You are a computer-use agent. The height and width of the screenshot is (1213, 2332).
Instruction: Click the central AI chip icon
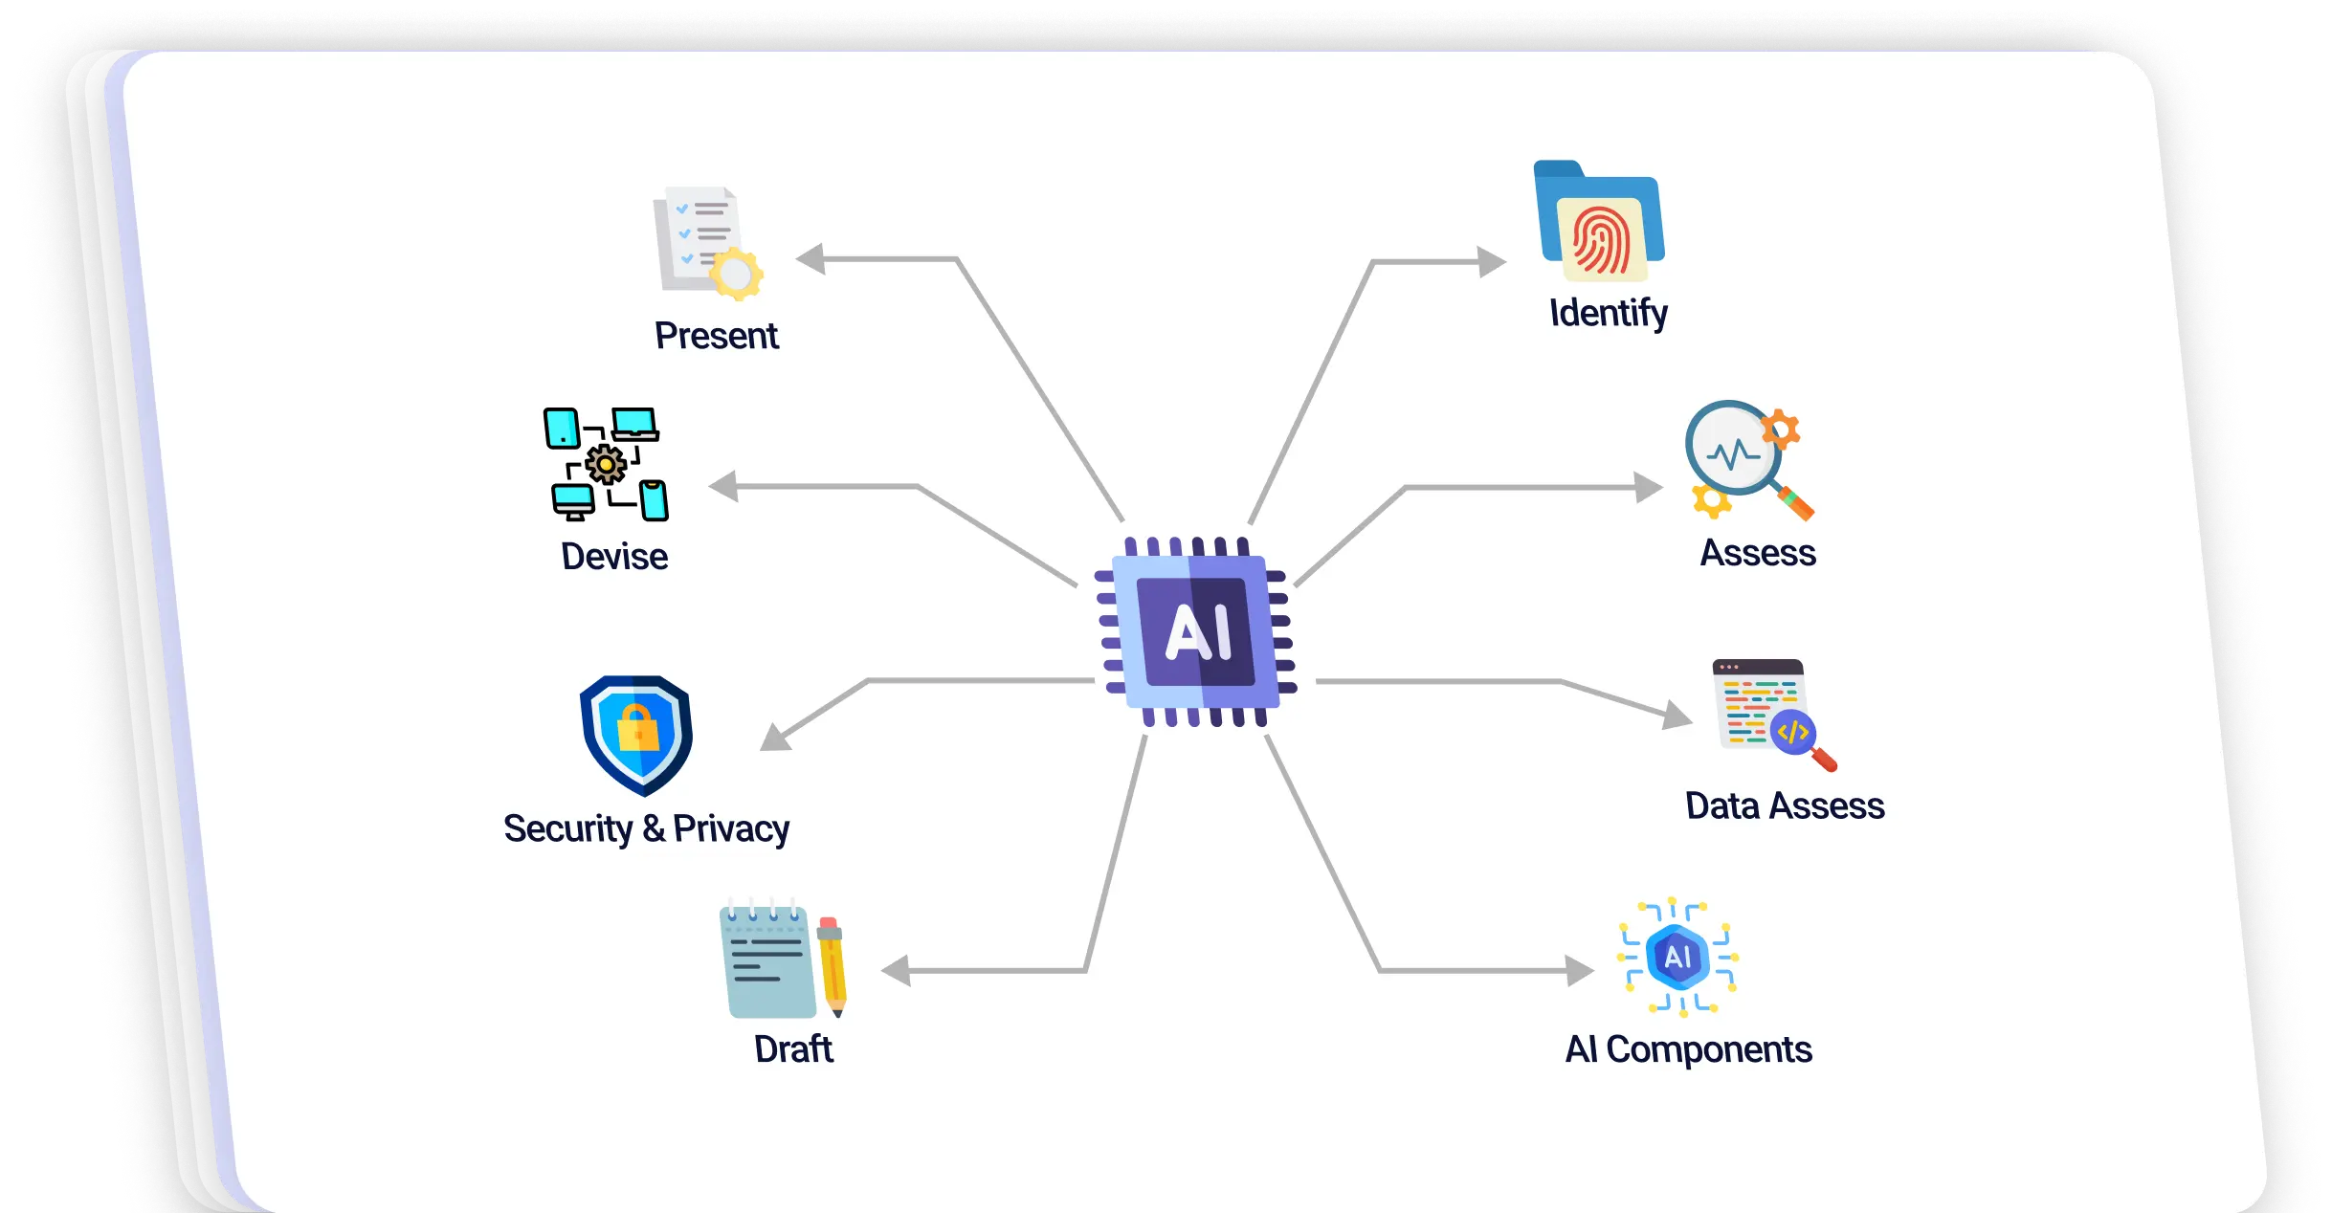point(1195,631)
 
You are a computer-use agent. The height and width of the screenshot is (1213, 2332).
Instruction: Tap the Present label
point(716,336)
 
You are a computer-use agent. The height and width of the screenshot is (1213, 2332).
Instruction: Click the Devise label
point(614,557)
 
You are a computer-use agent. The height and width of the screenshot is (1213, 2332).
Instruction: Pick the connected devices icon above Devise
point(606,465)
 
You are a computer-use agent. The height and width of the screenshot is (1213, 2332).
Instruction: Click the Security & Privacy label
point(646,828)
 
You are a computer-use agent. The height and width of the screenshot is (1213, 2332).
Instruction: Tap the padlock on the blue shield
point(638,728)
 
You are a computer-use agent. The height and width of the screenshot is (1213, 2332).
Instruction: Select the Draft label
point(793,1049)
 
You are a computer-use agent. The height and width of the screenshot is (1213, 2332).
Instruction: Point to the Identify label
point(1609,313)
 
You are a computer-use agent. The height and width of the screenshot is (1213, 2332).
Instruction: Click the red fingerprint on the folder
point(1602,239)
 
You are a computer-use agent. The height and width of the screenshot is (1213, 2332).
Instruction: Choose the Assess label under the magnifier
point(1758,553)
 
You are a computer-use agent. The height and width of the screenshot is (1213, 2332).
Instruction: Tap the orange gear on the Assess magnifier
point(1780,429)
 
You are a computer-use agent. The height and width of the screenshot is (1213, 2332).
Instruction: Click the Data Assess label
point(1785,805)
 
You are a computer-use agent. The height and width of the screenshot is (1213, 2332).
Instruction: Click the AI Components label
point(1688,1049)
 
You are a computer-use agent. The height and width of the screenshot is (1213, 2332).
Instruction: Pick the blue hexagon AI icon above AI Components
point(1677,956)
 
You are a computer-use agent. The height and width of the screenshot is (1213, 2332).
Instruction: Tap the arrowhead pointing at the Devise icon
point(723,486)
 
